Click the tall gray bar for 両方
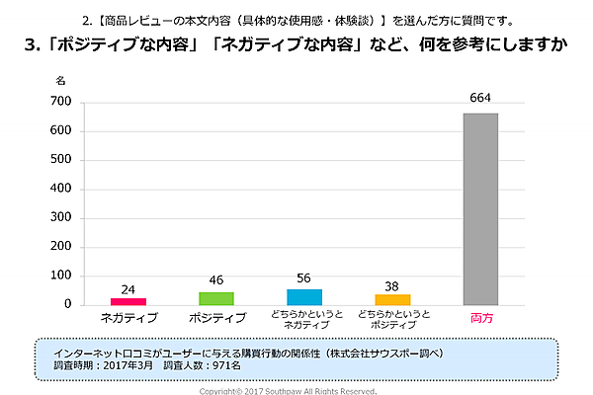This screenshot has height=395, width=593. [x=480, y=208]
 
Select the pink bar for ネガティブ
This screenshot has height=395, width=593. [x=128, y=301]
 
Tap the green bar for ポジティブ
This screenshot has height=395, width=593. [x=216, y=298]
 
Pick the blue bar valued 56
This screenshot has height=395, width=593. [x=304, y=296]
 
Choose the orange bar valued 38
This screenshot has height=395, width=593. [x=392, y=299]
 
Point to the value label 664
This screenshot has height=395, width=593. [x=480, y=97]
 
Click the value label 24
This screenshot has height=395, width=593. [x=128, y=289]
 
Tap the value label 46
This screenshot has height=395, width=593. [x=216, y=281]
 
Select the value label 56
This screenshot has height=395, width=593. [x=304, y=278]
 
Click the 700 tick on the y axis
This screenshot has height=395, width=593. [x=60, y=102]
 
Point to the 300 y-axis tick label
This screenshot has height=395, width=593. [x=60, y=217]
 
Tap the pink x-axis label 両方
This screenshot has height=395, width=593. [x=480, y=318]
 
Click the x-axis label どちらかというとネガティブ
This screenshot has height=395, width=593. [x=304, y=319]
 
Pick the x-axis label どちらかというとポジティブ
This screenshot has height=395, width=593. [x=392, y=319]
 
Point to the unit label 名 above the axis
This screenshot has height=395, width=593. [x=60, y=78]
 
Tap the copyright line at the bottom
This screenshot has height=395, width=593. [x=288, y=391]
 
